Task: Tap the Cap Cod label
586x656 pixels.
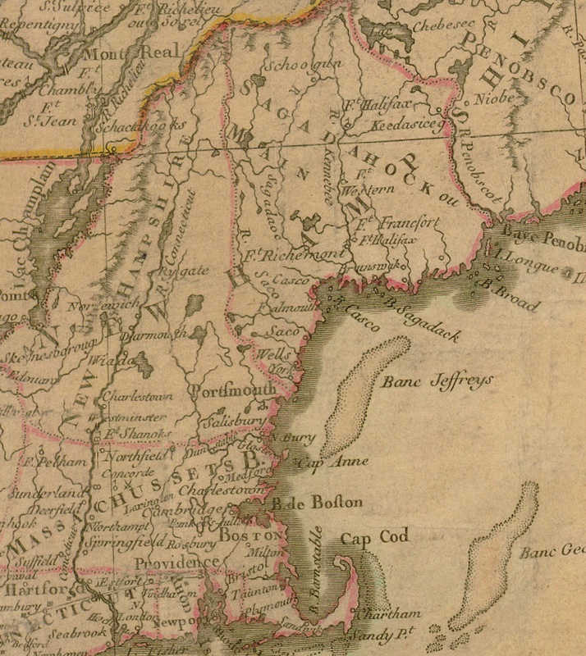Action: click(374, 539)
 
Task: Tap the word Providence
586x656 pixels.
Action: click(178, 563)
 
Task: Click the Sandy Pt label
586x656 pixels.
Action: click(376, 634)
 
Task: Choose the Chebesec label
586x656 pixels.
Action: click(423, 26)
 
